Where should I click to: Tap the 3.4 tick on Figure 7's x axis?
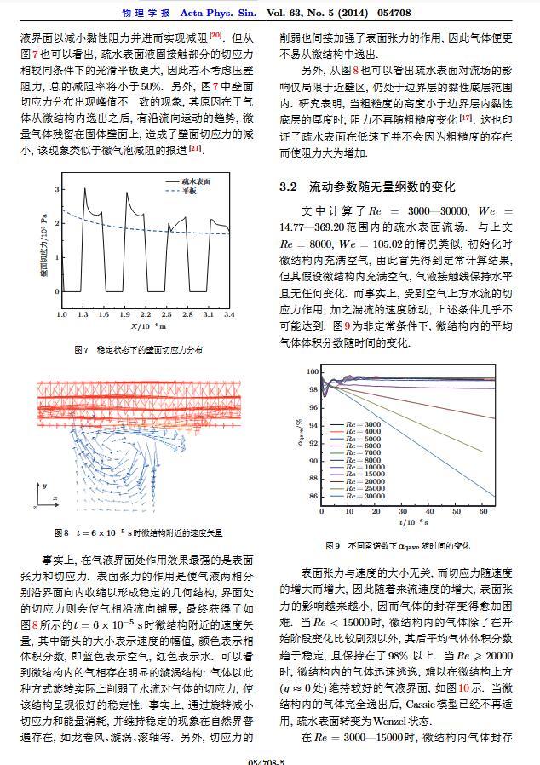[x=229, y=314]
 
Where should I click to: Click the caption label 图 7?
[x=82, y=349]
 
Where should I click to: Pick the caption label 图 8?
[x=60, y=532]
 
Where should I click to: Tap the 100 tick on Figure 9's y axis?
[x=313, y=371]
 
